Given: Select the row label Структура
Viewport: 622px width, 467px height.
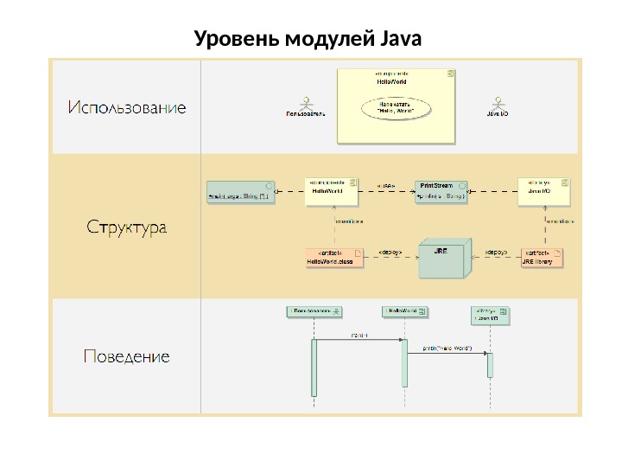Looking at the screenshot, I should point(127,229).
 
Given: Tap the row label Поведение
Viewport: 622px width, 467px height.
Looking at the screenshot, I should point(127,356).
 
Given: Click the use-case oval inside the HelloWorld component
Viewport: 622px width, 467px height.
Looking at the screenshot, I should point(397,108).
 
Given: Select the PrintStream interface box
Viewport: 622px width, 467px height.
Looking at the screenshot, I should point(441,191).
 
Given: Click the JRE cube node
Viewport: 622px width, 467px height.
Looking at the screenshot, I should point(443,258).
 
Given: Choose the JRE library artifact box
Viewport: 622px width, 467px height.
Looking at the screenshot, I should point(543,257).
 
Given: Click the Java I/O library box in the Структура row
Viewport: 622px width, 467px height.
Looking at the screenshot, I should point(543,191).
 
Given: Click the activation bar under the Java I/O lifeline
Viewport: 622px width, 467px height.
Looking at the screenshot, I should point(490,365).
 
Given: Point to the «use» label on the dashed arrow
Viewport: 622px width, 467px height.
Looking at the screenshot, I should point(387,185).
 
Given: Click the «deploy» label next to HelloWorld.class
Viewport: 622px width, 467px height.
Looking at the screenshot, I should point(391,253).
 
